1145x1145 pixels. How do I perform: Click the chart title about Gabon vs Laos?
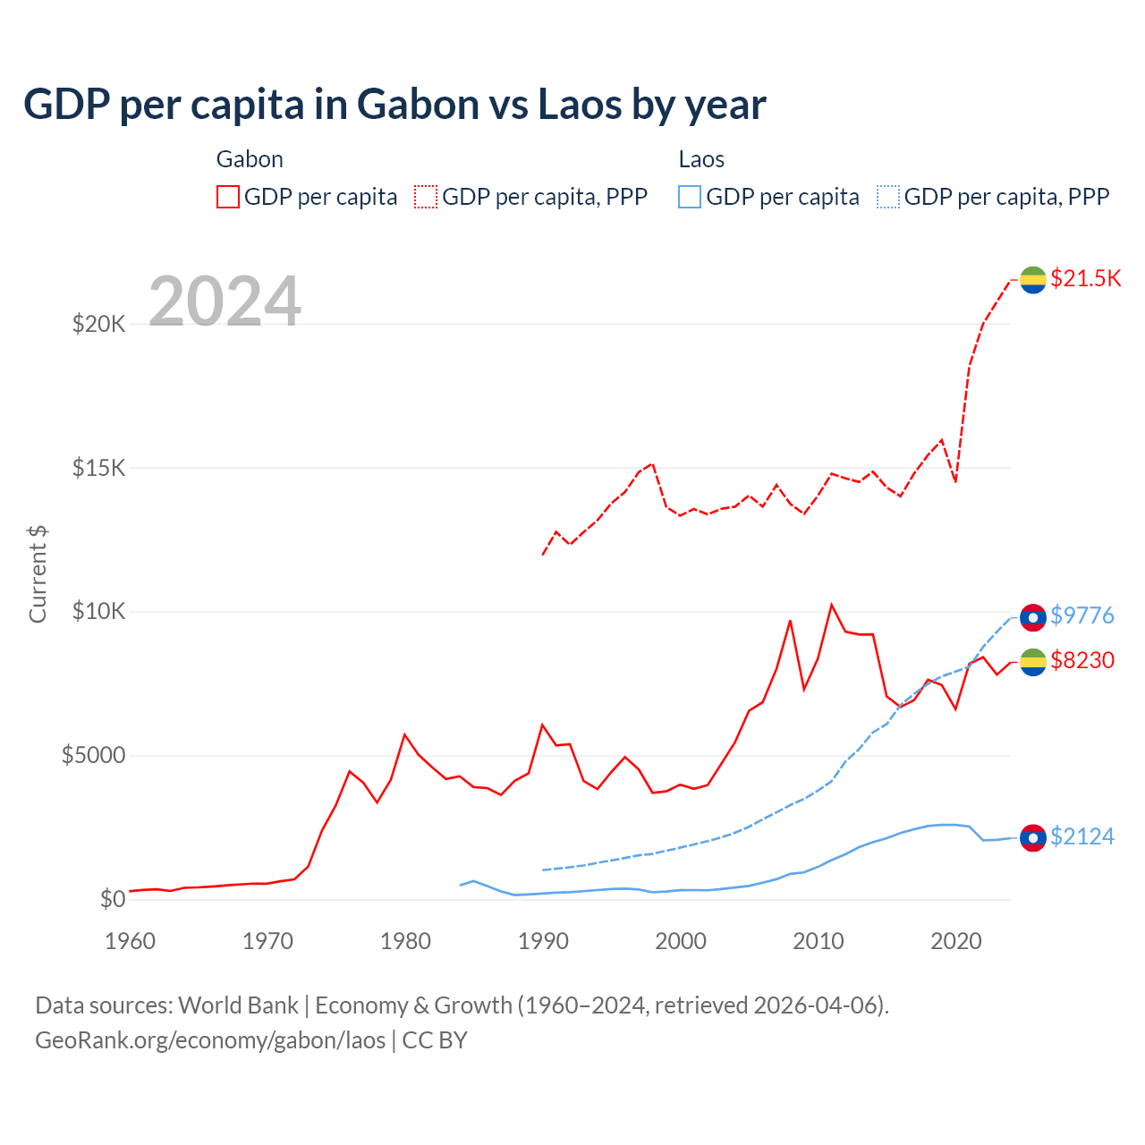pos(394,105)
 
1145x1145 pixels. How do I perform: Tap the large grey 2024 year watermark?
pos(225,301)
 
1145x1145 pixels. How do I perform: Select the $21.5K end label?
pos(1085,278)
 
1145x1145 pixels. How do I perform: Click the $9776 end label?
pos(1081,615)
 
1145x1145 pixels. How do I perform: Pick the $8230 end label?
pos(1081,660)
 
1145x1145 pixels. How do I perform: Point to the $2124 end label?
pos(1081,836)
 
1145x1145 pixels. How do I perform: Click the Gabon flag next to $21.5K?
pos(1033,280)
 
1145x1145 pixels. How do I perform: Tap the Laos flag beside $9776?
pos(1033,617)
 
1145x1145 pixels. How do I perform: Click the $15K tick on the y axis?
pos(99,468)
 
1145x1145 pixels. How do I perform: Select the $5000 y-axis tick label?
pos(93,756)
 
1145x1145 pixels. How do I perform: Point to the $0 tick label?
pos(112,899)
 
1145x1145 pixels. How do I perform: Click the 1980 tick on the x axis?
pos(405,941)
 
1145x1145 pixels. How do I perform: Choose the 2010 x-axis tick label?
pos(818,941)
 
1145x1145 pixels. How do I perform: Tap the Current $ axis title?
pos(38,574)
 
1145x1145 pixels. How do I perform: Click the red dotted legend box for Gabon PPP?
pos(426,197)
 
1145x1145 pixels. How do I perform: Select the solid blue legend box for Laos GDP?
pos(690,197)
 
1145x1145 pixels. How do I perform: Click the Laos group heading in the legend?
pos(701,159)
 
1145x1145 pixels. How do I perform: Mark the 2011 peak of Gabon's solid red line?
pos(832,605)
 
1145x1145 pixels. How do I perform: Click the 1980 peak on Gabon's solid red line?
pos(405,734)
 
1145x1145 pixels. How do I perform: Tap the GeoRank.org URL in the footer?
pos(210,1040)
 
